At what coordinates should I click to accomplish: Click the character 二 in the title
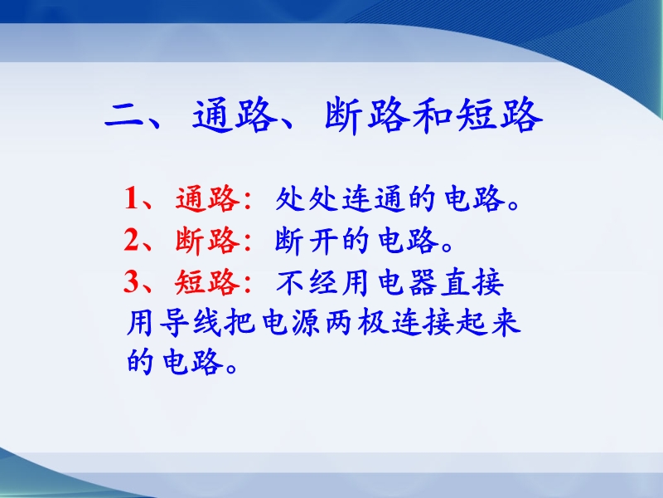[125, 115]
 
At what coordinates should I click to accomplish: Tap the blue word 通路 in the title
[231, 115]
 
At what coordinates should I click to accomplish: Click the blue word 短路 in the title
[499, 115]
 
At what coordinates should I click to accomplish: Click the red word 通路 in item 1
[208, 198]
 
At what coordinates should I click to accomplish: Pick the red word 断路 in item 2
[208, 240]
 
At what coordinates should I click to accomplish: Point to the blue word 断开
[307, 240]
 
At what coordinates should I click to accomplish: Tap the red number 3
[131, 281]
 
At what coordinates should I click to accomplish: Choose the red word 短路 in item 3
[208, 281]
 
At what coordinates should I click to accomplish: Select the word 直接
[472, 282]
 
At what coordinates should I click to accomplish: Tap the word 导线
[191, 323]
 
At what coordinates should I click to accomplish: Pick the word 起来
[488, 323]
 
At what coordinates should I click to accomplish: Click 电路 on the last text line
[193, 361]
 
